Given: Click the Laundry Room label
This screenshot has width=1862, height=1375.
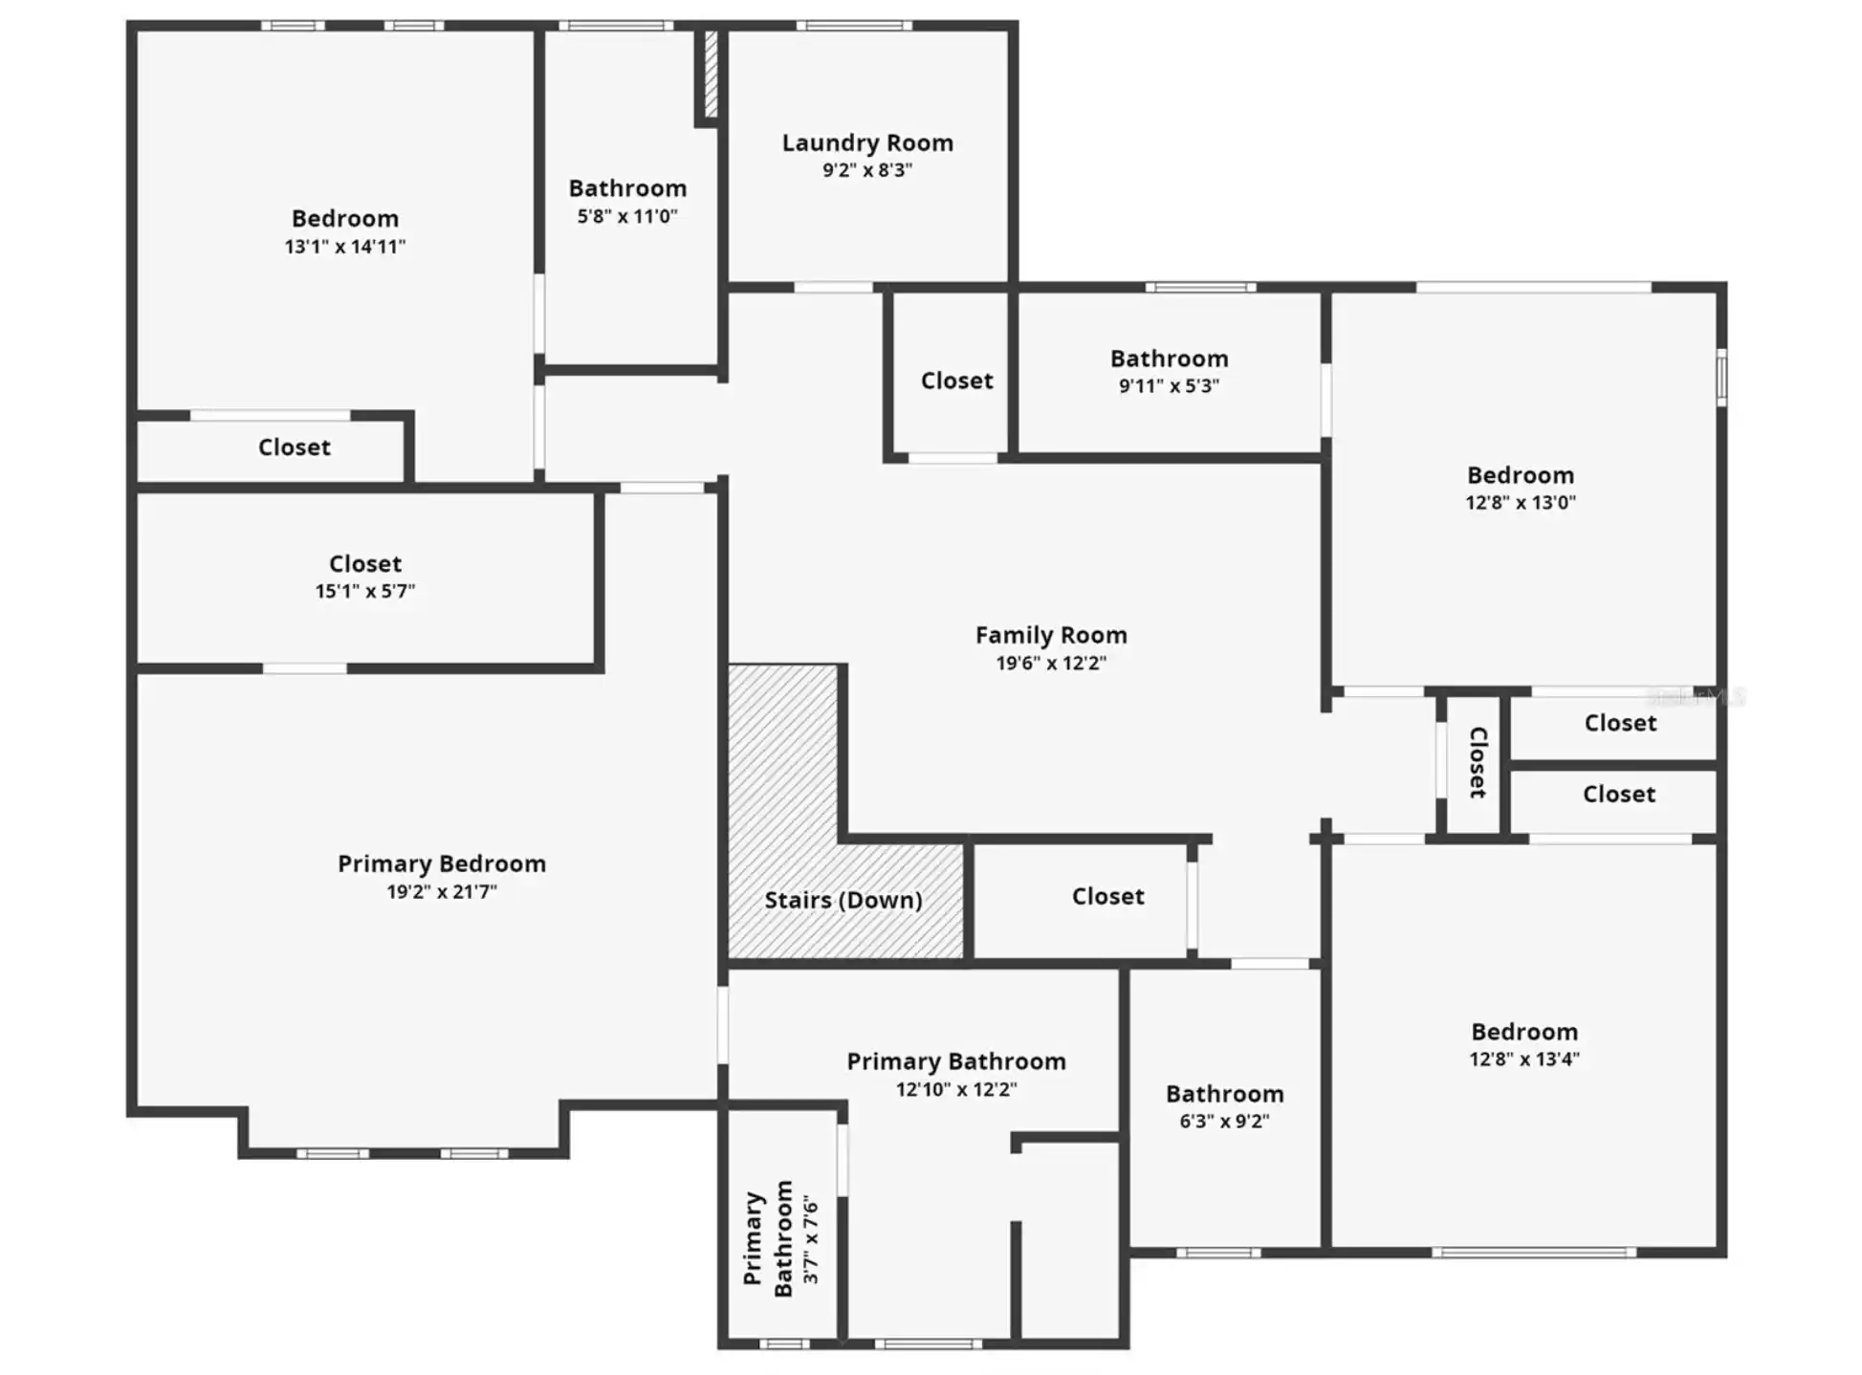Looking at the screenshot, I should pyautogui.click(x=867, y=143).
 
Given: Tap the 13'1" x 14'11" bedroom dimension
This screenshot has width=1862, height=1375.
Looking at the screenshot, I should pyautogui.click(x=344, y=247).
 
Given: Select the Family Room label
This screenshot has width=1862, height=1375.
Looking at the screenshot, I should pyautogui.click(x=1051, y=636).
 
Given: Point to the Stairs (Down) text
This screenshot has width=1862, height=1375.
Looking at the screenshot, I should pyautogui.click(x=843, y=901).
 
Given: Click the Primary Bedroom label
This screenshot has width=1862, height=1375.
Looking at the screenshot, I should pyautogui.click(x=442, y=864).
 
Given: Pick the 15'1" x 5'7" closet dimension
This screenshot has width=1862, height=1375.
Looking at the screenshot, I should pyautogui.click(x=365, y=592).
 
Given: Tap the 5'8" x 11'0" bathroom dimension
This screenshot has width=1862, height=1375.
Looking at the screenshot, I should pyautogui.click(x=627, y=217).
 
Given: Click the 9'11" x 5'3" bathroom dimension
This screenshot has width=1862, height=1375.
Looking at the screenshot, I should pyautogui.click(x=1169, y=386).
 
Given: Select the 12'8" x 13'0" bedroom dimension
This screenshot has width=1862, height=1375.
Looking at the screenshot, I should pyautogui.click(x=1521, y=503).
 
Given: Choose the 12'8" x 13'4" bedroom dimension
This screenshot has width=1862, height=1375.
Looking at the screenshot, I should pyautogui.click(x=1524, y=1059).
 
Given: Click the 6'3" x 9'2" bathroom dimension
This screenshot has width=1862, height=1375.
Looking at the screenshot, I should pyautogui.click(x=1224, y=1122).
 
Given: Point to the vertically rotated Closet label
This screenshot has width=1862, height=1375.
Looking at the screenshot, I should pyautogui.click(x=1478, y=763).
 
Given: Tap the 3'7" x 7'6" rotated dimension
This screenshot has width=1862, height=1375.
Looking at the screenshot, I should pyautogui.click(x=811, y=1238).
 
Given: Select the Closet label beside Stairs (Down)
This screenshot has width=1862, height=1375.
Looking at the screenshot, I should pyautogui.click(x=1107, y=897).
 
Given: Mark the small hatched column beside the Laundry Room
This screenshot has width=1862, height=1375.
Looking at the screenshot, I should pyautogui.click(x=711, y=75).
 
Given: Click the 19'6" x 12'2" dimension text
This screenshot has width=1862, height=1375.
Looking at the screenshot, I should pyautogui.click(x=1051, y=664).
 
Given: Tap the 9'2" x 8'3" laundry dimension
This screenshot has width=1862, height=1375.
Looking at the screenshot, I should pyautogui.click(x=867, y=171).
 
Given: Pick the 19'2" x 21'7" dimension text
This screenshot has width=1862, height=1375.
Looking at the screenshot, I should pyautogui.click(x=442, y=892).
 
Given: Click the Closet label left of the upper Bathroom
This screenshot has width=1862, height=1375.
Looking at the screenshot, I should pyautogui.click(x=956, y=382).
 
